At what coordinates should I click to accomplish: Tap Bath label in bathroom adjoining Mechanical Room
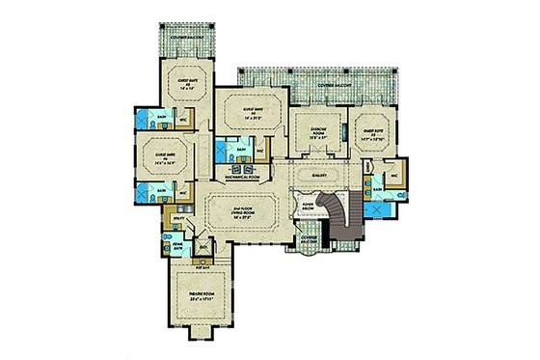(228, 150)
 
